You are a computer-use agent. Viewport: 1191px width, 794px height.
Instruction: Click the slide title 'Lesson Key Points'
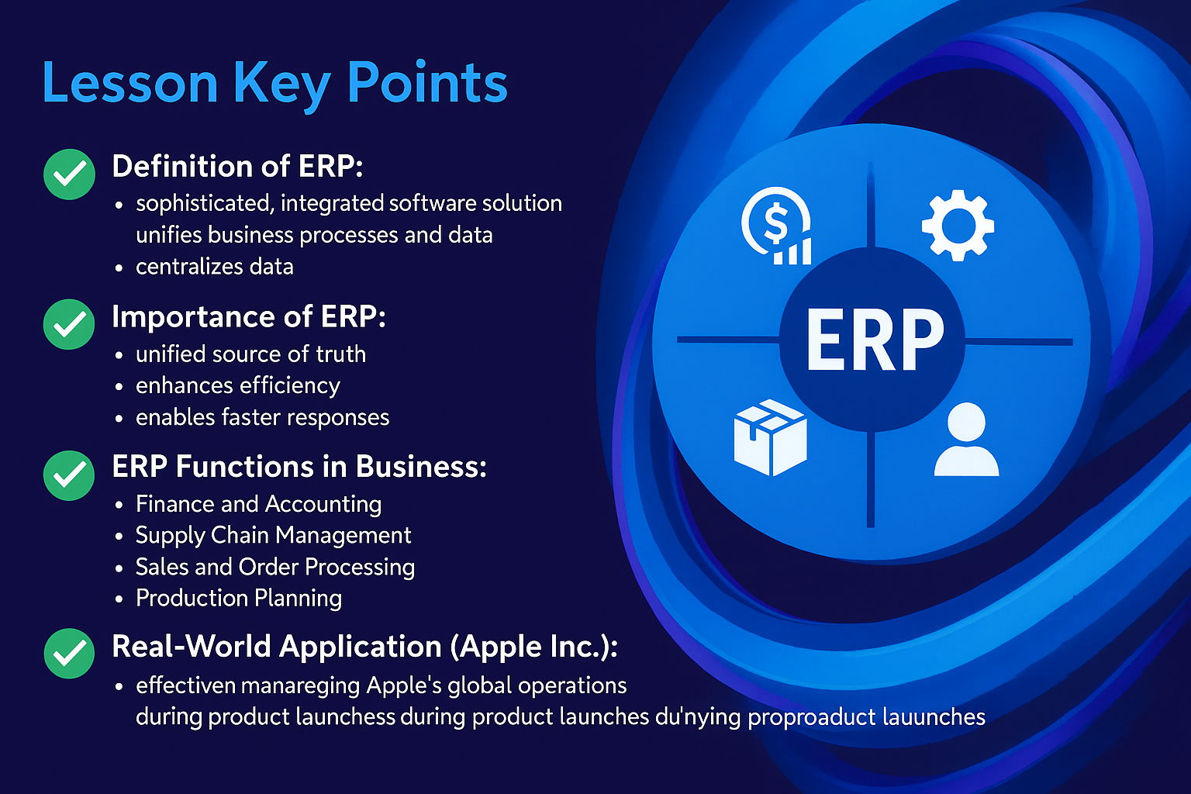coord(275,84)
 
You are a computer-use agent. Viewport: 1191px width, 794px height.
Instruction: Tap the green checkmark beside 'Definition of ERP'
coord(69,174)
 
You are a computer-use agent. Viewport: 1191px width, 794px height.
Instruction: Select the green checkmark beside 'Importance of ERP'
coord(69,324)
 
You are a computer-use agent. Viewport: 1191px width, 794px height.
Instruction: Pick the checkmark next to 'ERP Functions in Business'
coord(69,475)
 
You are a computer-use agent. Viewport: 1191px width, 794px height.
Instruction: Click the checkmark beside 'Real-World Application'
coord(69,653)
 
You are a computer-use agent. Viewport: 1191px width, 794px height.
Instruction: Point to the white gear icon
coord(958,225)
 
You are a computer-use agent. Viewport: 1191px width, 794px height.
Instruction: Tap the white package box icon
coord(771,437)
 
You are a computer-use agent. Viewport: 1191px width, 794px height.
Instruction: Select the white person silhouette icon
coord(967,440)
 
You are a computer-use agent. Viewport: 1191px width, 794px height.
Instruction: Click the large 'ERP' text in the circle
coord(875,340)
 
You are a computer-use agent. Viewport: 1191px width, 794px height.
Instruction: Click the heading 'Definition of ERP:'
coord(238,166)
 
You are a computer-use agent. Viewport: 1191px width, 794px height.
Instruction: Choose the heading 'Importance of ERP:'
coord(249,317)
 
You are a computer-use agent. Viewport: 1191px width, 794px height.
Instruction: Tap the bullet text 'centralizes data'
coord(214,267)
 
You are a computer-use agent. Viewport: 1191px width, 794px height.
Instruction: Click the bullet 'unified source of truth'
coord(251,354)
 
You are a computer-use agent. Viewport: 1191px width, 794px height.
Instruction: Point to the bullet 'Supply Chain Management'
coord(273,536)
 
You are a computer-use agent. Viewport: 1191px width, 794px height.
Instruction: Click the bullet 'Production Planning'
coord(239,599)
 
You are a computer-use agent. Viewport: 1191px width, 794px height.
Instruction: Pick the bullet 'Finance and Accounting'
coord(258,505)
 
